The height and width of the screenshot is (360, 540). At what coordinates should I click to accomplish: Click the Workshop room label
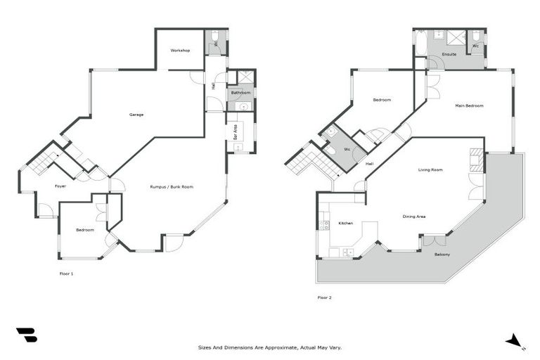coord(180,51)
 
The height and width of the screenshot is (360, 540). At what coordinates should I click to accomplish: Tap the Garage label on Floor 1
coord(136,115)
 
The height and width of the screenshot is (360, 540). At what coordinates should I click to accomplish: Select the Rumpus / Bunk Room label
coord(172,187)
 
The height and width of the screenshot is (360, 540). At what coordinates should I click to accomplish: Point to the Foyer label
coord(60,186)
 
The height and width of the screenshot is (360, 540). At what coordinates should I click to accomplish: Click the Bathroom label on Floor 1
coord(241,93)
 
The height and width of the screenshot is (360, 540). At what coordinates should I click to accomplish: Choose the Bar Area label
coord(235,132)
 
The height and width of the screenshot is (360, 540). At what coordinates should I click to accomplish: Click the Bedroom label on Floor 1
coord(84,230)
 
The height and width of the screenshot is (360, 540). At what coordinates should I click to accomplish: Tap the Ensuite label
coord(449,54)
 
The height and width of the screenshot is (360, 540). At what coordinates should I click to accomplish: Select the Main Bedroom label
coord(469,106)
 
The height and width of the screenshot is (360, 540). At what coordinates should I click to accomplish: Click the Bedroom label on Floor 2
coord(382,100)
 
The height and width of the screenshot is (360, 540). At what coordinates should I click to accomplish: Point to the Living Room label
coord(430,170)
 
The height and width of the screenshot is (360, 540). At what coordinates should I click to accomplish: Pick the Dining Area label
coord(413,217)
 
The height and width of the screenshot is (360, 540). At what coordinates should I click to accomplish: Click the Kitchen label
coord(345,224)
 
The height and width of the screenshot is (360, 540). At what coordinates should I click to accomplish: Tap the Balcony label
coord(442,255)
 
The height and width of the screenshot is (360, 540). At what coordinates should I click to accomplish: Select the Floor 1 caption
coord(67,274)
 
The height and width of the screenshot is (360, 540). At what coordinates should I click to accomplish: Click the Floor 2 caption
coord(324,297)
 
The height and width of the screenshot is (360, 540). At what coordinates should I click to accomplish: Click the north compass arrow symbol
coord(515,340)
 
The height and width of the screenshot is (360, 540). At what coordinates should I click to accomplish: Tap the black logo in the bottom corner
coord(26,335)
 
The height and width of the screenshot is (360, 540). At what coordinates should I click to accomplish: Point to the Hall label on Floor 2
coord(369,164)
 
